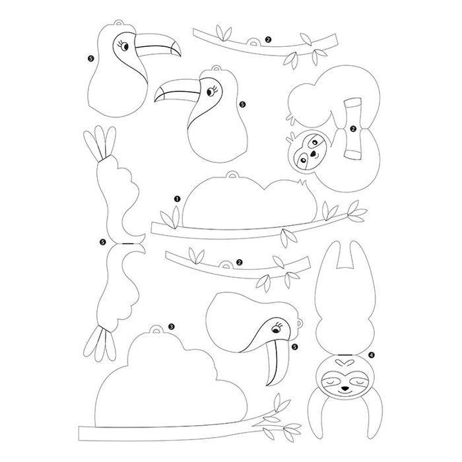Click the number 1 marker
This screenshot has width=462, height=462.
[x=177, y=199]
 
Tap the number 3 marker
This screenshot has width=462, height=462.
[x=172, y=327]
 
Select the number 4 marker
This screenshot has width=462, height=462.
[x=372, y=355]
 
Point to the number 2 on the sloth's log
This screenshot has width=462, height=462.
[x=353, y=129]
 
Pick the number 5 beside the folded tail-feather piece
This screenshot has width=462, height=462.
[x=102, y=242]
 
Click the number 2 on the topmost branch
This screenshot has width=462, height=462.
[x=268, y=39]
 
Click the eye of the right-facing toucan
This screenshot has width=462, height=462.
[x=125, y=47]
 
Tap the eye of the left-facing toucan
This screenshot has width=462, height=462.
[x=211, y=92]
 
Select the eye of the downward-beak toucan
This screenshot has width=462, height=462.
[x=276, y=330]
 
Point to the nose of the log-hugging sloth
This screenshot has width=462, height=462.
[x=313, y=154]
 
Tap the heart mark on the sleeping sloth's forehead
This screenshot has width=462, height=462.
[x=345, y=361]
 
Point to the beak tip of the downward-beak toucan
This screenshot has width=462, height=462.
[x=268, y=384]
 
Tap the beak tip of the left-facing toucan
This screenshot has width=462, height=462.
[x=155, y=100]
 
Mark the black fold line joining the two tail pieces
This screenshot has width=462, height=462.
[x=127, y=244]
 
